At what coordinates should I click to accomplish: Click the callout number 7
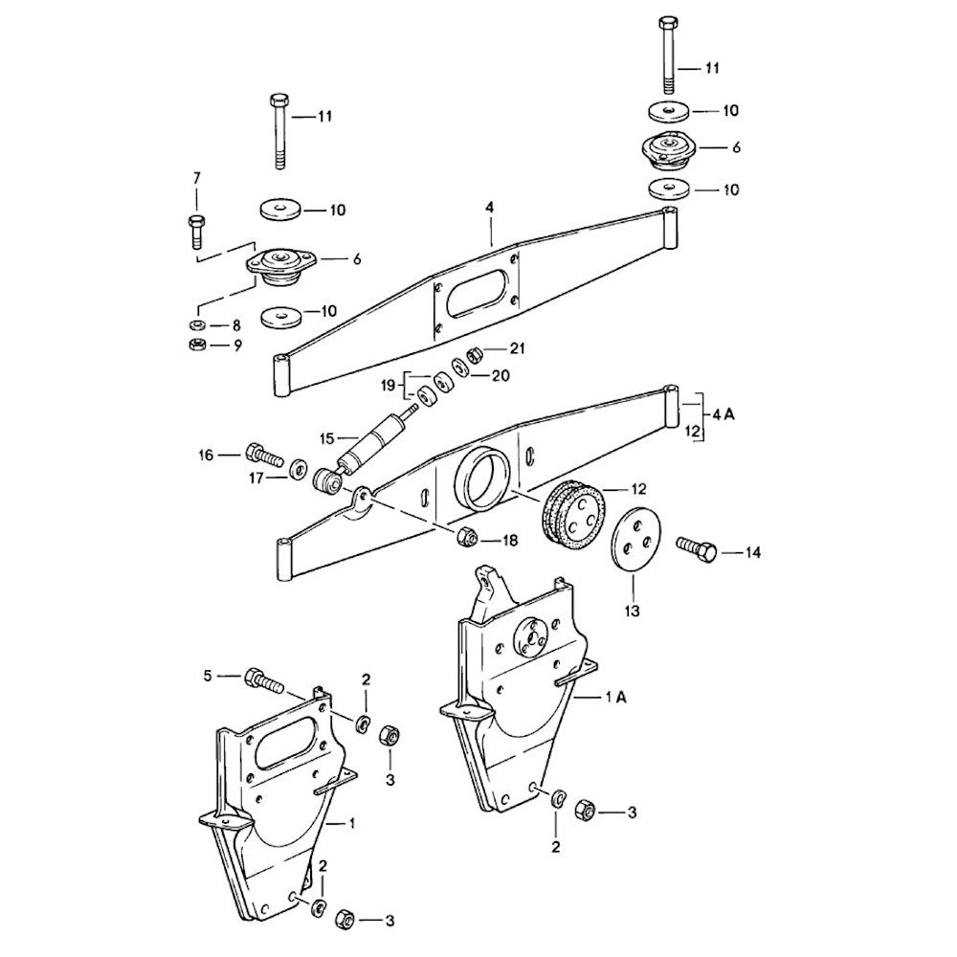coord(196,179)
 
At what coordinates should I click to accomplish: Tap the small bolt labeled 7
coord(196,232)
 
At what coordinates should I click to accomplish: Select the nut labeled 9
coord(197,345)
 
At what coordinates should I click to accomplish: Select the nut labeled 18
coord(467,538)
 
